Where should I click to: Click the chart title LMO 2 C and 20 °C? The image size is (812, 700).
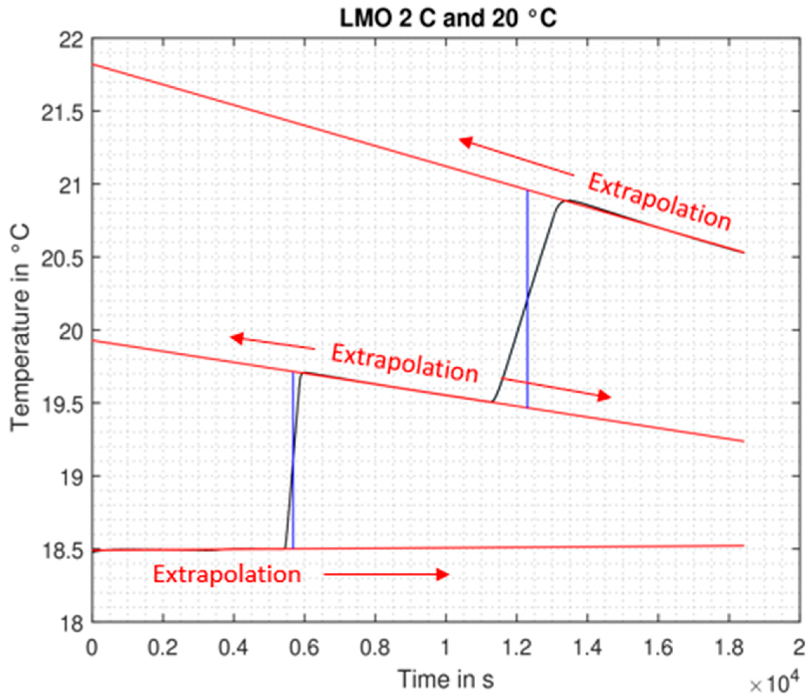coord(448,18)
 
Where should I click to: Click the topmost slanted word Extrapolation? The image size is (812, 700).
coord(659,202)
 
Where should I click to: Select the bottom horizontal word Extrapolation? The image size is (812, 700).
coord(226,574)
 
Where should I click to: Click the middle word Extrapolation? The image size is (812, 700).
coord(404,364)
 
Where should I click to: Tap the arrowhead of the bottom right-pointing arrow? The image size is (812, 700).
coord(444,574)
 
